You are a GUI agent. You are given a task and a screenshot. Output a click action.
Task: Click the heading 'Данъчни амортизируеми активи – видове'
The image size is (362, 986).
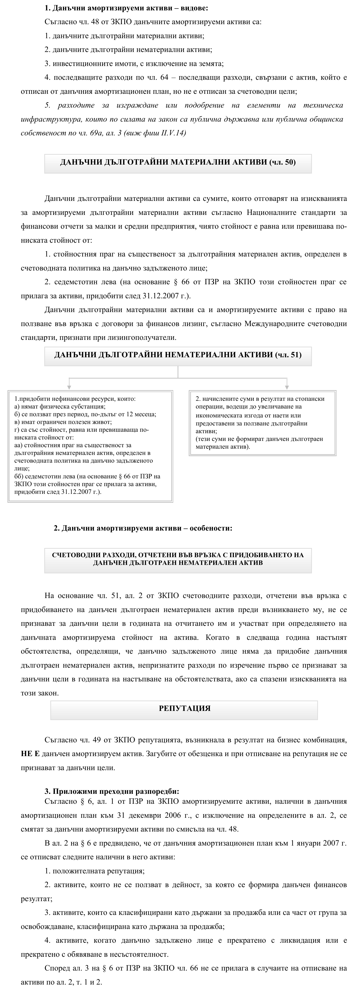point(126,8)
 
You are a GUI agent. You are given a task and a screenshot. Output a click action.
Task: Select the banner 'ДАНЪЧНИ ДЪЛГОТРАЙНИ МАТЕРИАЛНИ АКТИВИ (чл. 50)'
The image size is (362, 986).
point(178,162)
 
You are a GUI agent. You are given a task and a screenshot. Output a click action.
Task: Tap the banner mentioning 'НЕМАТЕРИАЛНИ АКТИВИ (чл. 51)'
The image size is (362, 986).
point(178,355)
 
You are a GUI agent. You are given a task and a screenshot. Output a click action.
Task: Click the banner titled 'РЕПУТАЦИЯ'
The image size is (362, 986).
point(184,708)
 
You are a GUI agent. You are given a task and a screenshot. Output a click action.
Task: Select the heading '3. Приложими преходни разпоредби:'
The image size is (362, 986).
point(112,791)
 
